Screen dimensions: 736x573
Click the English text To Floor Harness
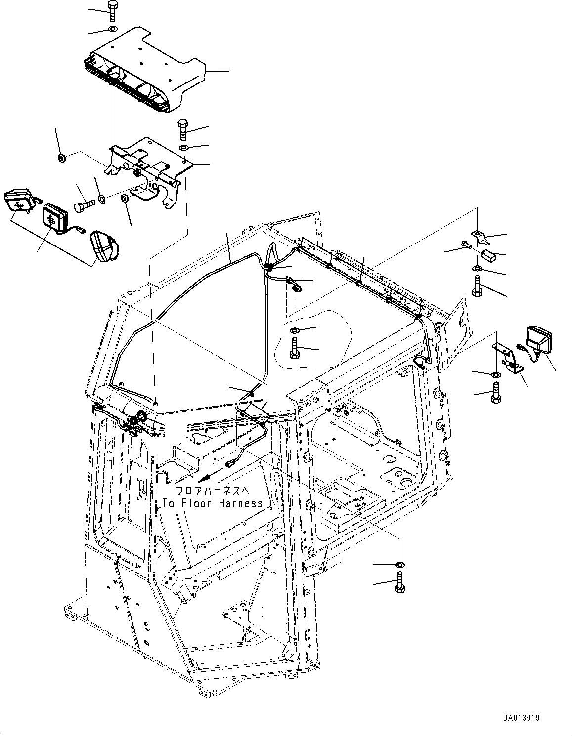coord(213,503)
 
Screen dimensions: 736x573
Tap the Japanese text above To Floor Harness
coord(213,491)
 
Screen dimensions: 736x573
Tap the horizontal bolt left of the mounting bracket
coord(85,205)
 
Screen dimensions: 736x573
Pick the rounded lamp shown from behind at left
coord(102,247)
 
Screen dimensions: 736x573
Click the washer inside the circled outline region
coord(294,330)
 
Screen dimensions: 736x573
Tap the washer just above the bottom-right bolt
coord(399,564)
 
